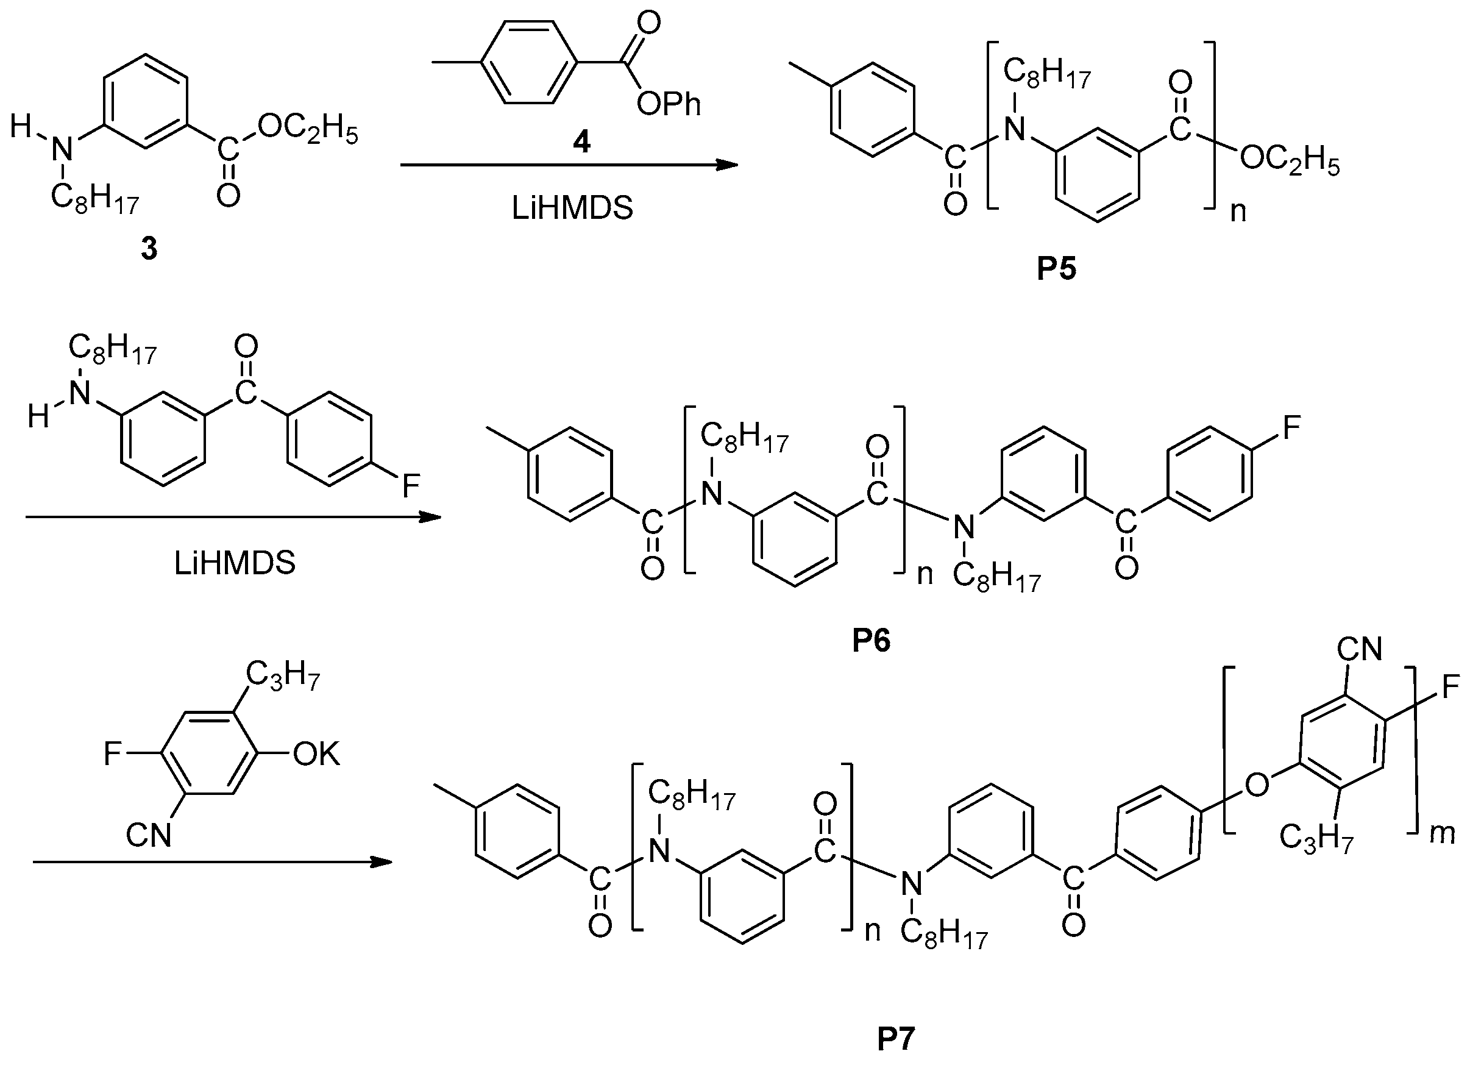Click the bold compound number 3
(x=149, y=249)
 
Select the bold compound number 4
(x=581, y=142)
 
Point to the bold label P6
(x=871, y=641)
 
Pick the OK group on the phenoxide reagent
(x=316, y=754)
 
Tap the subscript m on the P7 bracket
(x=1442, y=833)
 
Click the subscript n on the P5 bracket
(x=1238, y=212)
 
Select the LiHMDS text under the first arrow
(x=572, y=208)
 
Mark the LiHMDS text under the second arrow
(x=235, y=563)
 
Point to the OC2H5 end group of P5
(x=1289, y=160)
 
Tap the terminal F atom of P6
(x=1292, y=428)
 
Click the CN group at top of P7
(x=1360, y=649)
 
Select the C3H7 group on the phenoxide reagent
(x=283, y=677)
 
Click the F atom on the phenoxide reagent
(x=113, y=755)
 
